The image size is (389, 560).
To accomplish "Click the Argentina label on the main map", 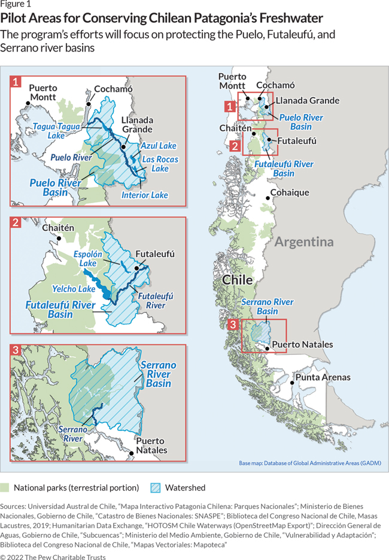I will click(303, 242).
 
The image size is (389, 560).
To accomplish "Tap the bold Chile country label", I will click(237, 280).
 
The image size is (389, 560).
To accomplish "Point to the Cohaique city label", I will click(290, 192).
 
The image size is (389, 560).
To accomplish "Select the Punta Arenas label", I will click(323, 377).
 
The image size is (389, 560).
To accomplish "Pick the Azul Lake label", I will click(159, 146).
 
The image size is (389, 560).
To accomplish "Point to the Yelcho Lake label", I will click(74, 288).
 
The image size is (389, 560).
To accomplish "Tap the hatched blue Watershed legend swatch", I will click(154, 487).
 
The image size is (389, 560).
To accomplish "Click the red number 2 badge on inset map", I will click(16, 223).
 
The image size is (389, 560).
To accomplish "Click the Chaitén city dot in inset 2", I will click(59, 238).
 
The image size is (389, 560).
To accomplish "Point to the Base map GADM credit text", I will click(309, 463).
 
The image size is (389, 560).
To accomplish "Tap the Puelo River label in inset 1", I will click(71, 157).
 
